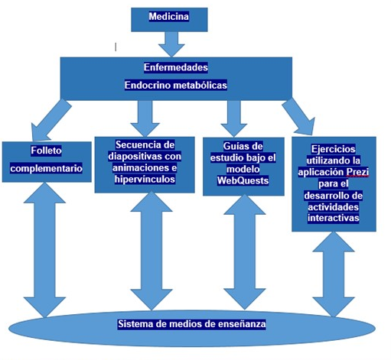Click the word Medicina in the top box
169,17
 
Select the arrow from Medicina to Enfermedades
171,44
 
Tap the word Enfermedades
176,67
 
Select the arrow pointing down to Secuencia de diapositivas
145,118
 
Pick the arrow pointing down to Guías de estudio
234,118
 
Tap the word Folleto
46,151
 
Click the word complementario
47,168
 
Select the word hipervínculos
145,179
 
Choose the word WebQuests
243,180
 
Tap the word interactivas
334,218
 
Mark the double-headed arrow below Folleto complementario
44,250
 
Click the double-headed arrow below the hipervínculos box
152,251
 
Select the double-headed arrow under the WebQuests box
245,252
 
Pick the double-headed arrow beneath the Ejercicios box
334,274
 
